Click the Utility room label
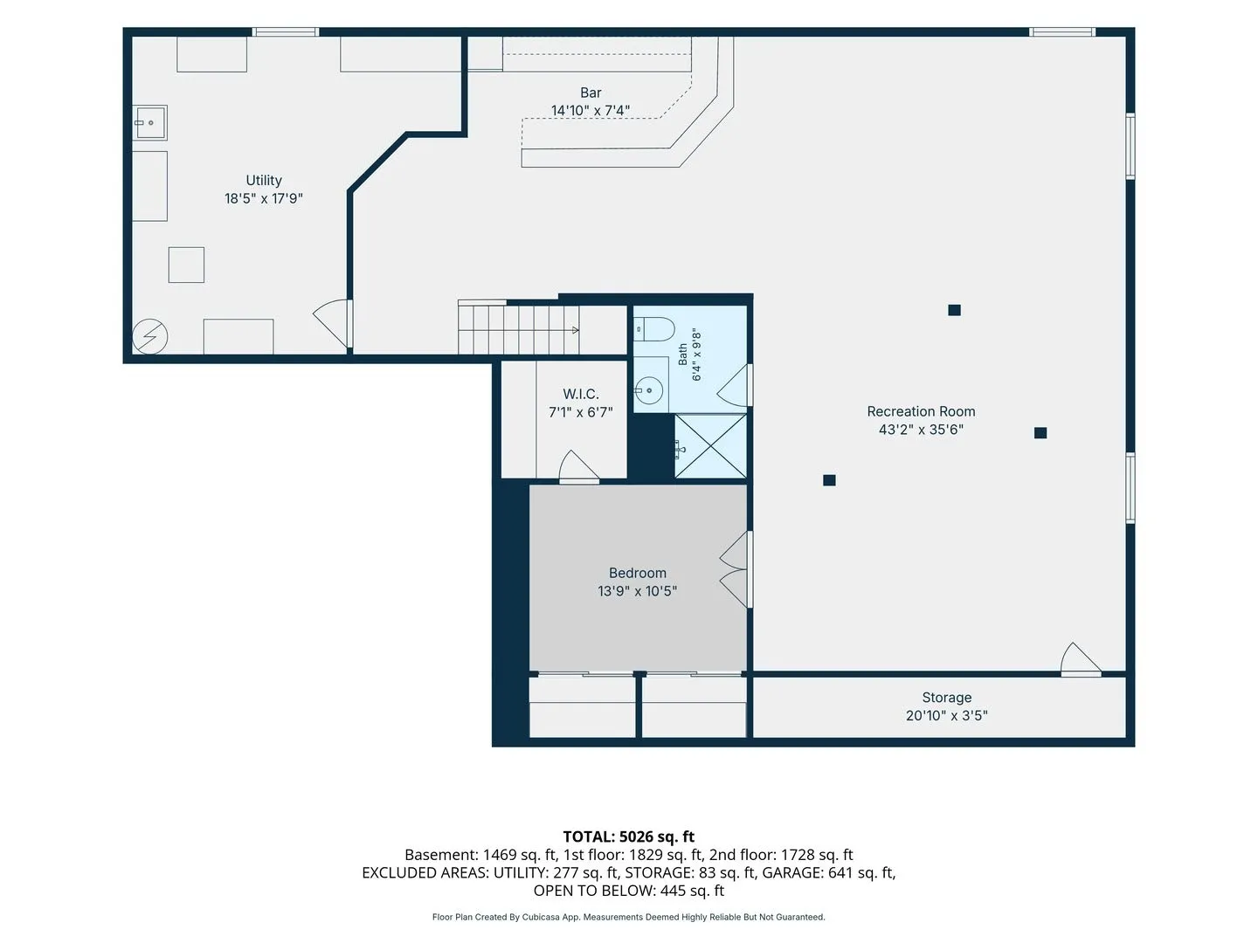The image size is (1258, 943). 264,181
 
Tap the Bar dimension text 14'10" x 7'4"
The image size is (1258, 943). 591,111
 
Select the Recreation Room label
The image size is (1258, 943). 921,411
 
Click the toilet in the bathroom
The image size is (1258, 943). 654,329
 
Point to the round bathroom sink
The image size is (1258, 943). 649,391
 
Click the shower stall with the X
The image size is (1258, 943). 710,445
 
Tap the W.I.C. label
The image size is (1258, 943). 581,394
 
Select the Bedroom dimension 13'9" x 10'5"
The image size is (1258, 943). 637,591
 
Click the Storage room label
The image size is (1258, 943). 946,698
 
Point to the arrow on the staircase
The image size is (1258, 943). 576,330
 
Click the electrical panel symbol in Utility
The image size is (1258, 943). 150,336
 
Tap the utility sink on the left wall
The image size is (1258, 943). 149,122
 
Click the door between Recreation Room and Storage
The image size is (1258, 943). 1081,659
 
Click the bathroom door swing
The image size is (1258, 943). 734,385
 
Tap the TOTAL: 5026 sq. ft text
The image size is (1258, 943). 629,836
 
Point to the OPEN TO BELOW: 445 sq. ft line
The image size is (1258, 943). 629,891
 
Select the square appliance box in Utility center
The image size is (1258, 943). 186,265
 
